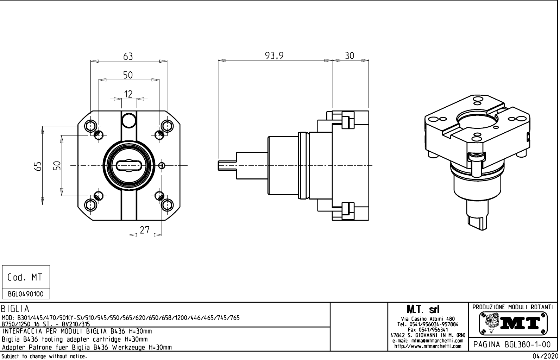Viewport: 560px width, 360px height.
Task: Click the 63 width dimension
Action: coord(128,56)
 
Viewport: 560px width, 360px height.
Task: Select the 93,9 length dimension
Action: coord(274,56)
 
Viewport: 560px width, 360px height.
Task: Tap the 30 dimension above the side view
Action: coord(350,56)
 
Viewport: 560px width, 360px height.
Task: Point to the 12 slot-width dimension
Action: coord(128,94)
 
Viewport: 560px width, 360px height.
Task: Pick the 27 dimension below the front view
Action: coord(145,230)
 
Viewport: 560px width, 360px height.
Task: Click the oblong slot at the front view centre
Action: coord(129,165)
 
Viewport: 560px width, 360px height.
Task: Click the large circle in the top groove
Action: coord(129,121)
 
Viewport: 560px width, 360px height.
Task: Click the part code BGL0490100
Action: coord(26,294)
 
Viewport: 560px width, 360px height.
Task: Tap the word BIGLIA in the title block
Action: coord(15,309)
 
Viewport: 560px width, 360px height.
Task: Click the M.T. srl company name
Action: coord(428,310)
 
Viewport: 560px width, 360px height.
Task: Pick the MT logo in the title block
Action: coord(513,323)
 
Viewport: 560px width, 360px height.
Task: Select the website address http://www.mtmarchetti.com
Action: coord(428,346)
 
